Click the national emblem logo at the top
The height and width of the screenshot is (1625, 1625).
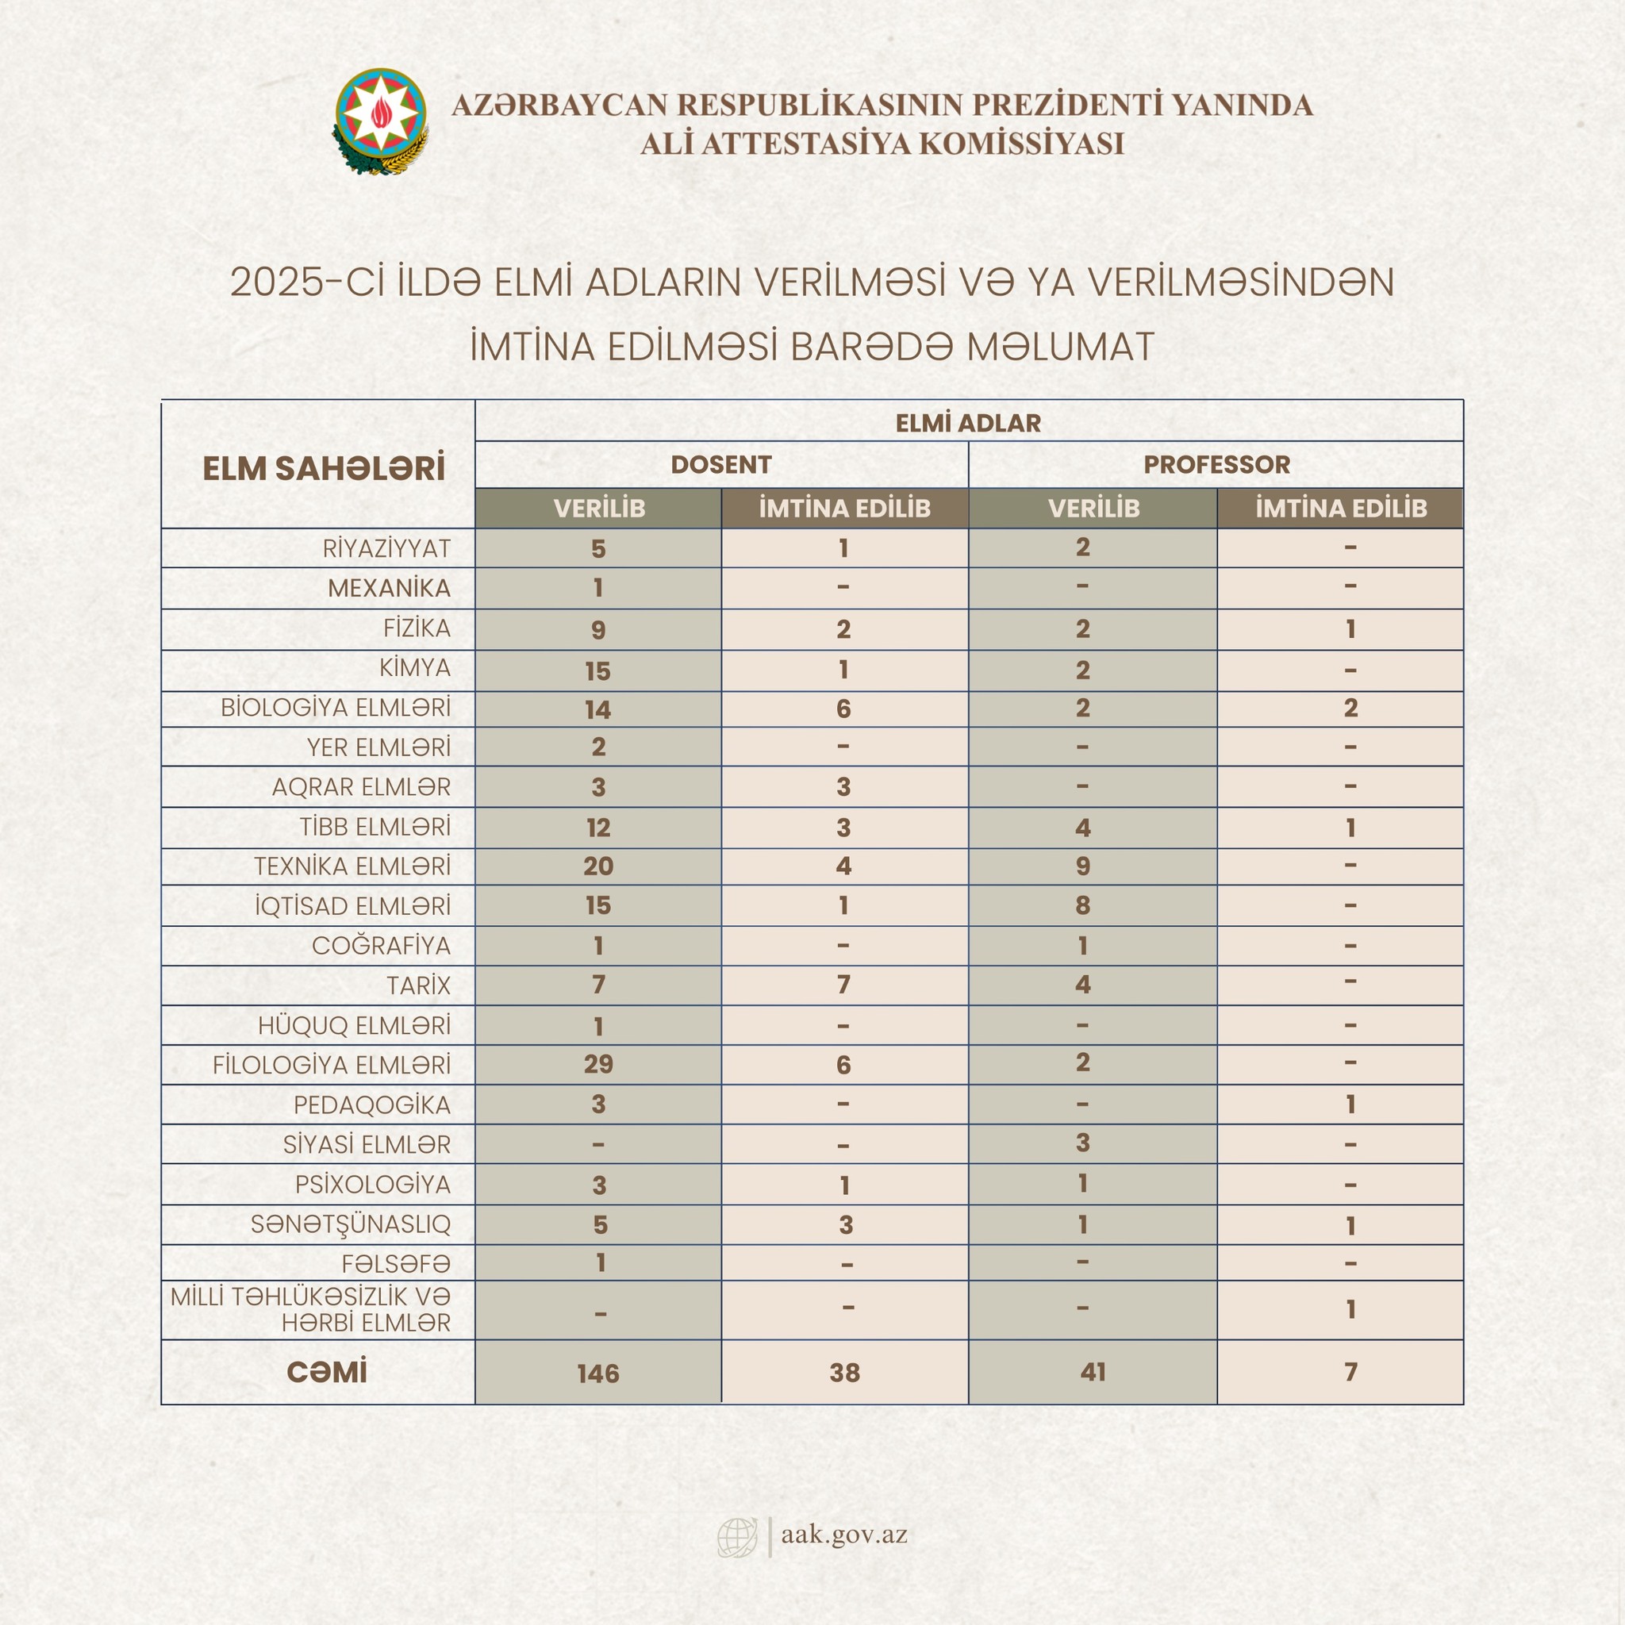click(381, 122)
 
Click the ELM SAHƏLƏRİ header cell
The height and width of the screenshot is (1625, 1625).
click(324, 468)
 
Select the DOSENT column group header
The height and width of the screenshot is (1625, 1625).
click(720, 464)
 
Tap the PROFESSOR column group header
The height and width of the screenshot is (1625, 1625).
click(1216, 464)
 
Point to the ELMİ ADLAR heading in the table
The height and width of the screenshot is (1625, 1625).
click(968, 422)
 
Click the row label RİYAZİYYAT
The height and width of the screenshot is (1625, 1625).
click(387, 548)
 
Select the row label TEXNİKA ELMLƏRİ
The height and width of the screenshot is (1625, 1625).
click(352, 866)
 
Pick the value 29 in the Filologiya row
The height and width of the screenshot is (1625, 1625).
click(598, 1064)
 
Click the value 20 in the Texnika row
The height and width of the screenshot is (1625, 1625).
click(598, 866)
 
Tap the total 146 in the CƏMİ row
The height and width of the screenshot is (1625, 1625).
click(598, 1373)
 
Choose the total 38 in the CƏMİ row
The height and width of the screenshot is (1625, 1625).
click(844, 1373)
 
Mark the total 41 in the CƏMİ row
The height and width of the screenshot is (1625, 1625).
click(1093, 1372)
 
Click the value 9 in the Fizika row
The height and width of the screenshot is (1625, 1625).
click(598, 629)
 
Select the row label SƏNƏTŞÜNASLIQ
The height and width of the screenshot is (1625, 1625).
click(351, 1224)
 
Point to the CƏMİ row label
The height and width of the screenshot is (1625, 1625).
click(326, 1372)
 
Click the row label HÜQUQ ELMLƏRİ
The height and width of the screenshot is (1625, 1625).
click(354, 1025)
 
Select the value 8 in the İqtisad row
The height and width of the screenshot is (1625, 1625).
click(1082, 906)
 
